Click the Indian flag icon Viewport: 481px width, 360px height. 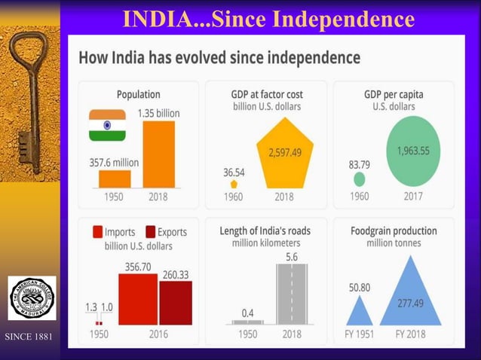click(107, 125)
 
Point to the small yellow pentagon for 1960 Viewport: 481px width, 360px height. click(234, 183)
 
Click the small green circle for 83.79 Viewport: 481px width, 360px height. click(360, 179)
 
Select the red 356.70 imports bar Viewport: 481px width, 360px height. click(137, 299)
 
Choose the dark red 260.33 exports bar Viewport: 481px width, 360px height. click(176, 303)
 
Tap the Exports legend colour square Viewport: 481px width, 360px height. click(150, 232)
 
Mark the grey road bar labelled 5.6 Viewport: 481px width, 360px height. click(291, 294)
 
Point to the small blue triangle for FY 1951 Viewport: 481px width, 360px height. click(359, 311)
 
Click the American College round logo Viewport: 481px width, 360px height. click(31, 299)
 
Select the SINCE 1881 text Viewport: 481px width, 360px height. click(29, 337)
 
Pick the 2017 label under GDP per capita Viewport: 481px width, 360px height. click(412, 197)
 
